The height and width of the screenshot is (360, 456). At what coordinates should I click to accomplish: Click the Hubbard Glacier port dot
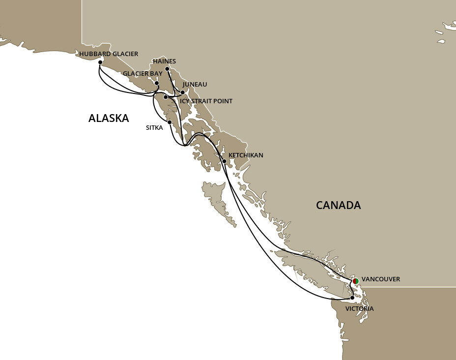pos(100,62)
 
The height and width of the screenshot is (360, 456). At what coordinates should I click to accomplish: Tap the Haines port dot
pos(167,69)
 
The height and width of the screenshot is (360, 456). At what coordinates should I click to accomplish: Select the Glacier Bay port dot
pos(157,83)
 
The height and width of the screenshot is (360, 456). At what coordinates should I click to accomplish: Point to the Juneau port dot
pos(182,92)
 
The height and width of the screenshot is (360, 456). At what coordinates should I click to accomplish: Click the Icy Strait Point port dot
pos(166,97)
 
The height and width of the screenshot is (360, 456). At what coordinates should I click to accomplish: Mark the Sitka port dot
pos(169,122)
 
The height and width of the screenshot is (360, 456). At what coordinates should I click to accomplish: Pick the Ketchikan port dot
pos(224,161)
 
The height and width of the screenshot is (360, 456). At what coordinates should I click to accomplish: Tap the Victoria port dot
pos(352,298)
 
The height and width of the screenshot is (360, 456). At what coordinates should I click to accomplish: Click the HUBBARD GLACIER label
pos(109,54)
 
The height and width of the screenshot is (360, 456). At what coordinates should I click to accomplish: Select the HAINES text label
pos(164,61)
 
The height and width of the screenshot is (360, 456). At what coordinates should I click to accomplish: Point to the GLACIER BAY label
pos(142,73)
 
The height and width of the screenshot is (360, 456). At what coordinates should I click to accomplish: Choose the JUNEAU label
pos(195,84)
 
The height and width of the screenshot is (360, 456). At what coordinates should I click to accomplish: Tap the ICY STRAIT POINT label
pos(206,101)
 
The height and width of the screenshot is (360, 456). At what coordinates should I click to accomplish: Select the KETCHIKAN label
pos(246,155)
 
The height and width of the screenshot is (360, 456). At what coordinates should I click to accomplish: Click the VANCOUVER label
pos(381,279)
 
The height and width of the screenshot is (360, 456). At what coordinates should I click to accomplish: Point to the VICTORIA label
pos(359,308)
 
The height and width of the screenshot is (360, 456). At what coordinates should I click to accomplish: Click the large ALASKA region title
pos(109,118)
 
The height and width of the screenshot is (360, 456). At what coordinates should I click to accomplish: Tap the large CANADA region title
pos(338,205)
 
